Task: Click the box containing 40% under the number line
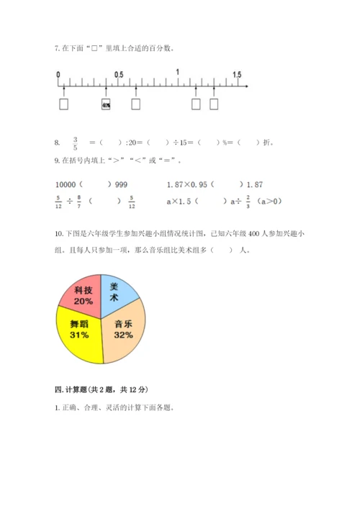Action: pos(106,104)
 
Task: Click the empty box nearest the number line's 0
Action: pos(64,104)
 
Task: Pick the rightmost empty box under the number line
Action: pos(214,104)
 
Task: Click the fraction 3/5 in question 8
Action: pos(74,143)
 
